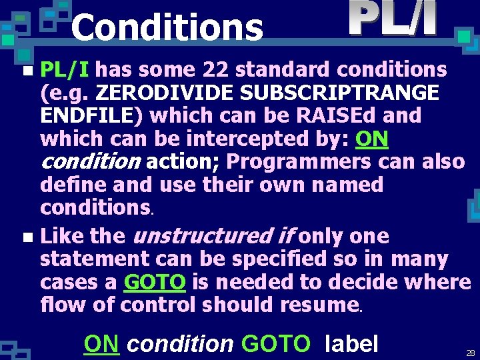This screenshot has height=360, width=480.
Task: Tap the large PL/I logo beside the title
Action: pyautogui.click(x=393, y=19)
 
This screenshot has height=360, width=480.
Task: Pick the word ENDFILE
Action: pyautogui.click(x=87, y=116)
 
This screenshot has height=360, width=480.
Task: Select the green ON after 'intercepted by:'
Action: pyautogui.click(x=373, y=139)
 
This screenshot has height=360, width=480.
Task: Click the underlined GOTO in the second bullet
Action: pyautogui.click(x=155, y=282)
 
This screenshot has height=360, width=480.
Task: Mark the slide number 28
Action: pyautogui.click(x=471, y=353)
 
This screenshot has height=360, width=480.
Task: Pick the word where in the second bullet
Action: pyautogui.click(x=441, y=282)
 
